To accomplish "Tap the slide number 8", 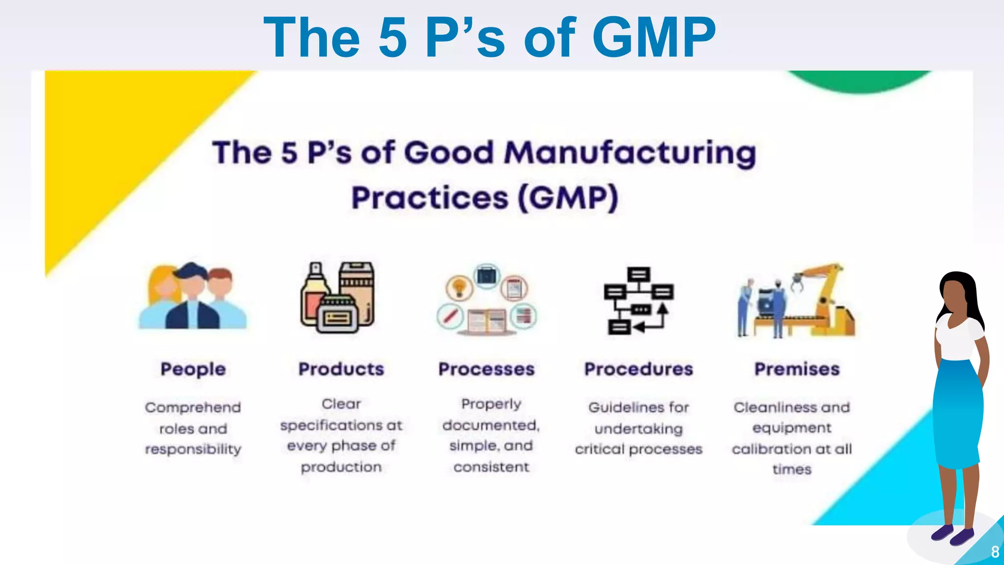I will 995,552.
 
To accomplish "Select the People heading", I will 193,369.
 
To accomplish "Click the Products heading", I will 341,369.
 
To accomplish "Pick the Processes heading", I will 486,369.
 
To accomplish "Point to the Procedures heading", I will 638,369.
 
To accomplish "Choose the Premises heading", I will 797,369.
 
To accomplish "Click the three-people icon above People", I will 193,297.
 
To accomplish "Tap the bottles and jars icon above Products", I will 338,297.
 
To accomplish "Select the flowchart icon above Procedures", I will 638,300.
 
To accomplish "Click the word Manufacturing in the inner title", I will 630,153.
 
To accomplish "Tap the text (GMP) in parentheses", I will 568,198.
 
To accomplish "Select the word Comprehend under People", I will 193,408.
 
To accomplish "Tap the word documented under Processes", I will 491,425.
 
